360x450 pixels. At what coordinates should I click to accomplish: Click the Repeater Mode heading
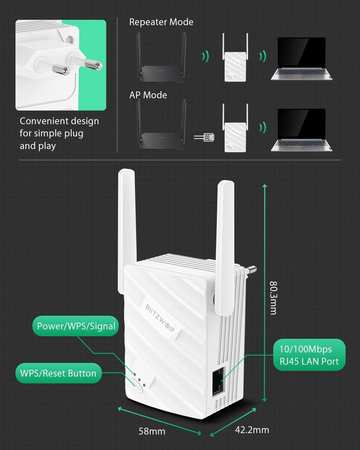[161, 22]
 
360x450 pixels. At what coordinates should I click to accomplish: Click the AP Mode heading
[148, 95]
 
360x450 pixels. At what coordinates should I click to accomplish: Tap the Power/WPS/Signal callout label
[76, 326]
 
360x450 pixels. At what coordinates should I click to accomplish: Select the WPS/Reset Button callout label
[58, 373]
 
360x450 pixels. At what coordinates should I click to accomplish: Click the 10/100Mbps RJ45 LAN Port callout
[309, 355]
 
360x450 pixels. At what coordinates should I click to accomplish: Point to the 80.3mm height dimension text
[274, 298]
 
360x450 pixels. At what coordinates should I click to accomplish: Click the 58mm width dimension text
[152, 431]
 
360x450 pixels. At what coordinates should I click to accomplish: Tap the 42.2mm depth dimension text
[252, 430]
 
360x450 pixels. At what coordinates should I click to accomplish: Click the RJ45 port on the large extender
[219, 384]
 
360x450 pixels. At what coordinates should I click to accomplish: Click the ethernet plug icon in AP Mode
[204, 138]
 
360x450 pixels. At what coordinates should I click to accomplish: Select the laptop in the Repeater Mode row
[301, 59]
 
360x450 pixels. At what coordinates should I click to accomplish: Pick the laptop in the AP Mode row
[301, 130]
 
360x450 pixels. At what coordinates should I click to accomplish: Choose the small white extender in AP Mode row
[235, 128]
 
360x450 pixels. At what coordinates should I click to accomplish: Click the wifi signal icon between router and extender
[206, 56]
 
